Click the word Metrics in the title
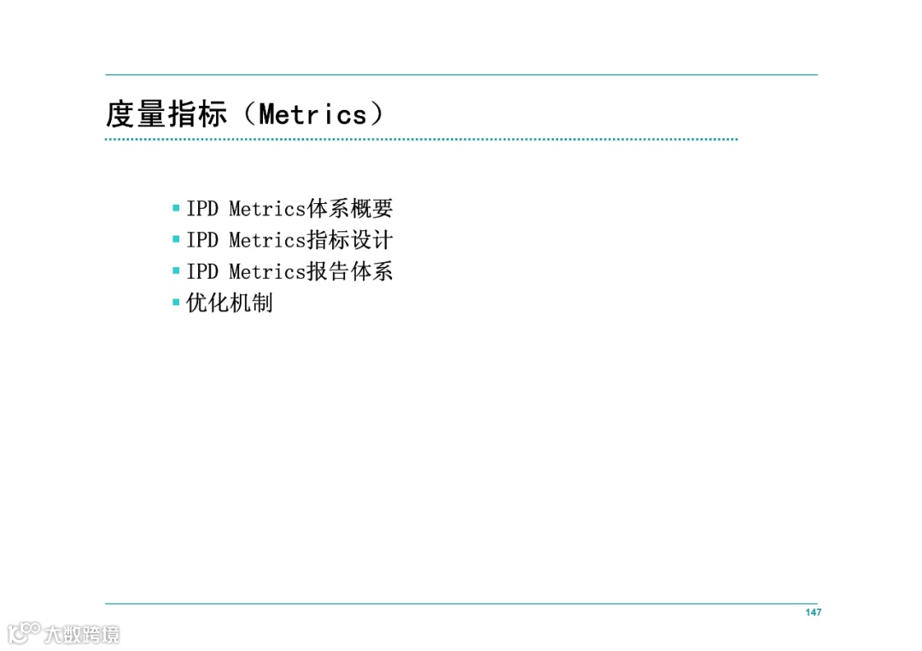[312, 114]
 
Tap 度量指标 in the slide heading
[166, 114]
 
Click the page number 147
[813, 613]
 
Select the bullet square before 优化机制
[176, 302]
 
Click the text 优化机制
[230, 303]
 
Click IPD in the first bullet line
[202, 208]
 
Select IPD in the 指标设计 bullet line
[202, 240]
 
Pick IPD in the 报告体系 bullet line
[202, 271]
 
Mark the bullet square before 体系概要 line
[176, 207]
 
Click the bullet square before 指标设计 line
[176, 239]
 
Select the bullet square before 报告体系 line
[176, 270]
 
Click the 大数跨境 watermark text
[82, 634]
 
